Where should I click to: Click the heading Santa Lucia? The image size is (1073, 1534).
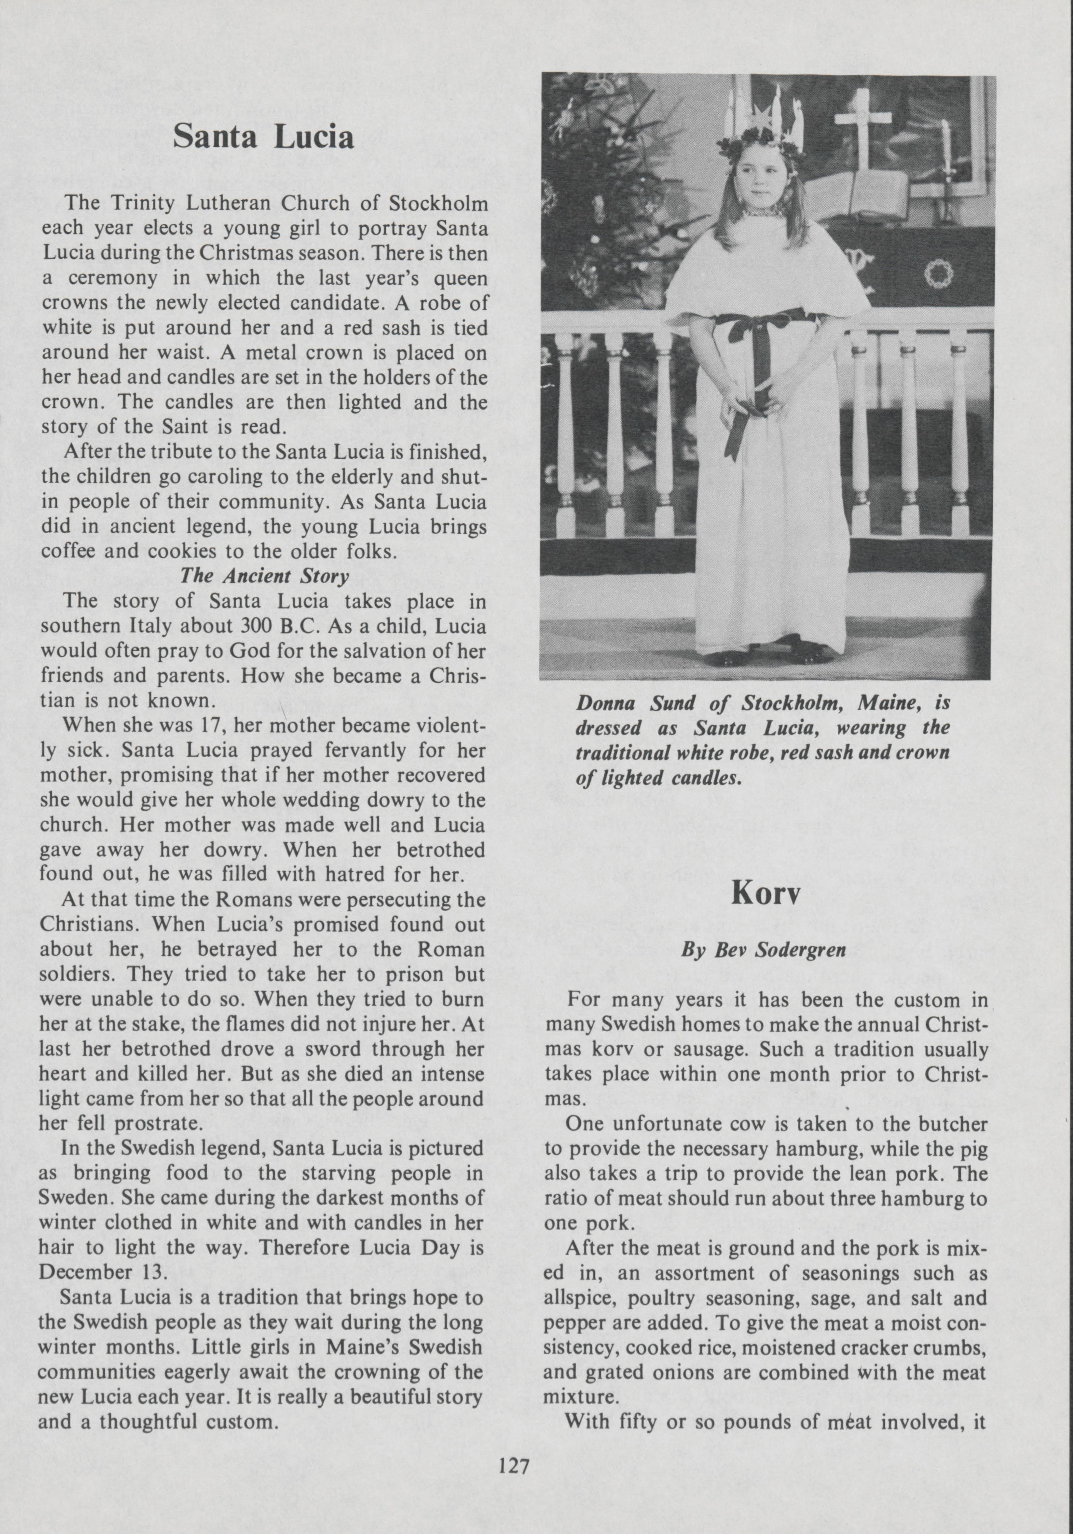point(263,137)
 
